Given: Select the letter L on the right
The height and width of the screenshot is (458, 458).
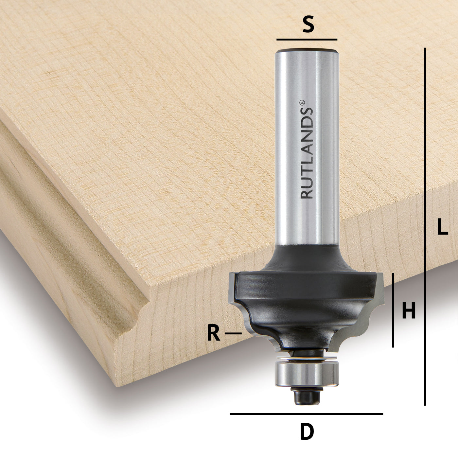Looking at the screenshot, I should pos(442,226).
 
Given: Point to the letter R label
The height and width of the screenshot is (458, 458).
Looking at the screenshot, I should pos(213,334).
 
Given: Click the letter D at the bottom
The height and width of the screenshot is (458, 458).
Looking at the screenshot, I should pos(307,432).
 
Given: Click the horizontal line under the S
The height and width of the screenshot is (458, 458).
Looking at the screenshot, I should pos(307,40).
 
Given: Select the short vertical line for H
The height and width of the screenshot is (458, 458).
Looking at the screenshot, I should pos(393,310).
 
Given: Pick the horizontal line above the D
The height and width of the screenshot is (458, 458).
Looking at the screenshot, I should pos(306,414).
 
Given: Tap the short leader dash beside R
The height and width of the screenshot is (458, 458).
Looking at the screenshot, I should pos(233,333).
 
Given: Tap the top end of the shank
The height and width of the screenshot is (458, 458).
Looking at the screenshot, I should pos(307,51).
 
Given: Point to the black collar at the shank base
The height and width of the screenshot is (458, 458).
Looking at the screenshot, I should pos(307,258).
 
